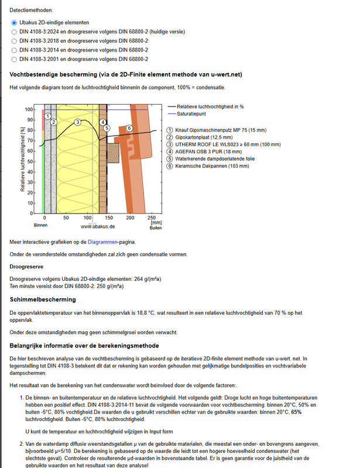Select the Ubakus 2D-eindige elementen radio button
point(14,22)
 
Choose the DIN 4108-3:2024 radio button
point(14,32)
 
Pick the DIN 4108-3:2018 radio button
point(14,41)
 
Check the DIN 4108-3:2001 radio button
point(14,59)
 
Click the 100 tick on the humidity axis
point(29,109)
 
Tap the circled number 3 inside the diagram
point(77,122)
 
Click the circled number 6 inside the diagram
point(129,128)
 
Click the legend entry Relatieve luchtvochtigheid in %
point(210,107)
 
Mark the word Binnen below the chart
point(40,225)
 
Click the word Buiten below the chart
point(155,228)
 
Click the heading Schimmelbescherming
point(43,300)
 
